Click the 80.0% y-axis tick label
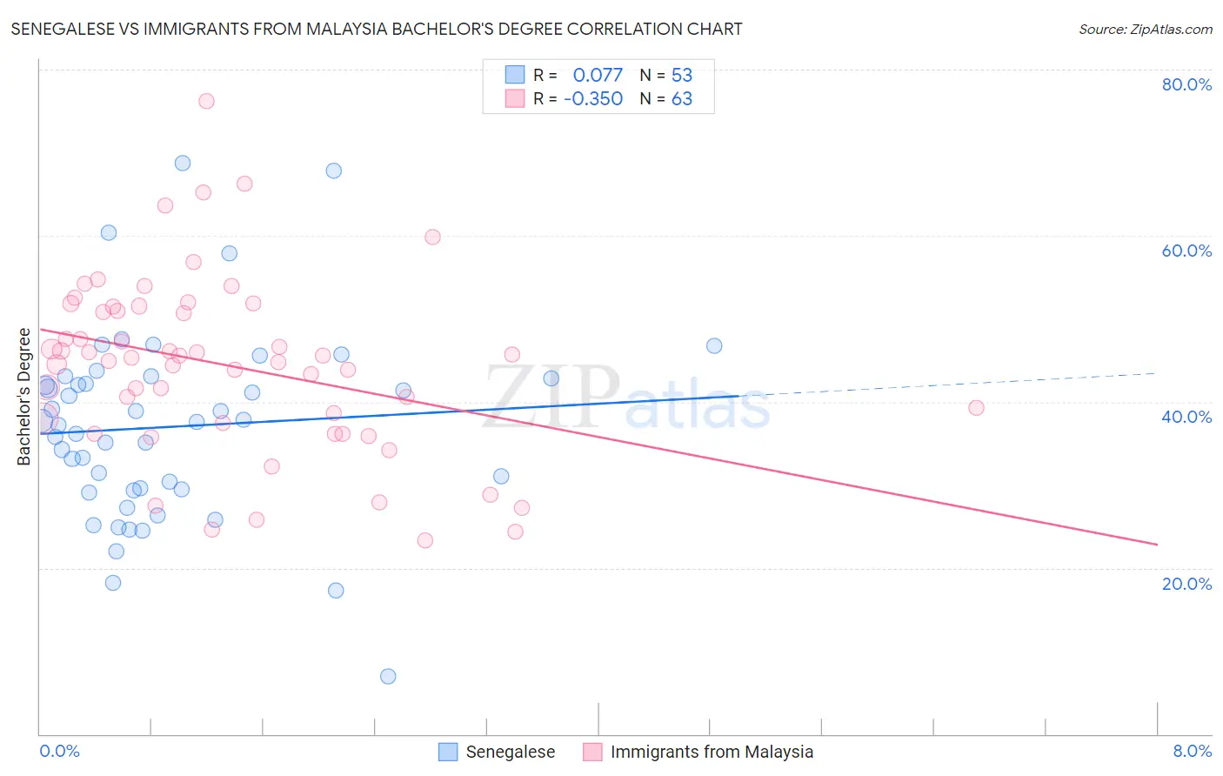pos(1186,84)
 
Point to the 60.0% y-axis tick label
pos(1186,251)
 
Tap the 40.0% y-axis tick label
pos(1186,417)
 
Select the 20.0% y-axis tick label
pos(1186,584)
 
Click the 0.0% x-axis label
pos(59,751)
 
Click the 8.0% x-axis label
pos(1192,751)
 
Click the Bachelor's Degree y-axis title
pos(24,396)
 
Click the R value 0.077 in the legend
pos(598,75)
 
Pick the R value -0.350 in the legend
pos(593,98)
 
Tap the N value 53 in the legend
pos(681,75)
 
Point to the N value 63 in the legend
pos(681,98)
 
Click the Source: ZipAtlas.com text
pos(1145,30)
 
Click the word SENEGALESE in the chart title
pos(72,29)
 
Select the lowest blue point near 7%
pos(388,676)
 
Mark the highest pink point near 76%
pos(206,101)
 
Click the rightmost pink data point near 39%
pos(976,408)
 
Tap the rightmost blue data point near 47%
pos(714,345)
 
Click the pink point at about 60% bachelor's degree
pos(432,237)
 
